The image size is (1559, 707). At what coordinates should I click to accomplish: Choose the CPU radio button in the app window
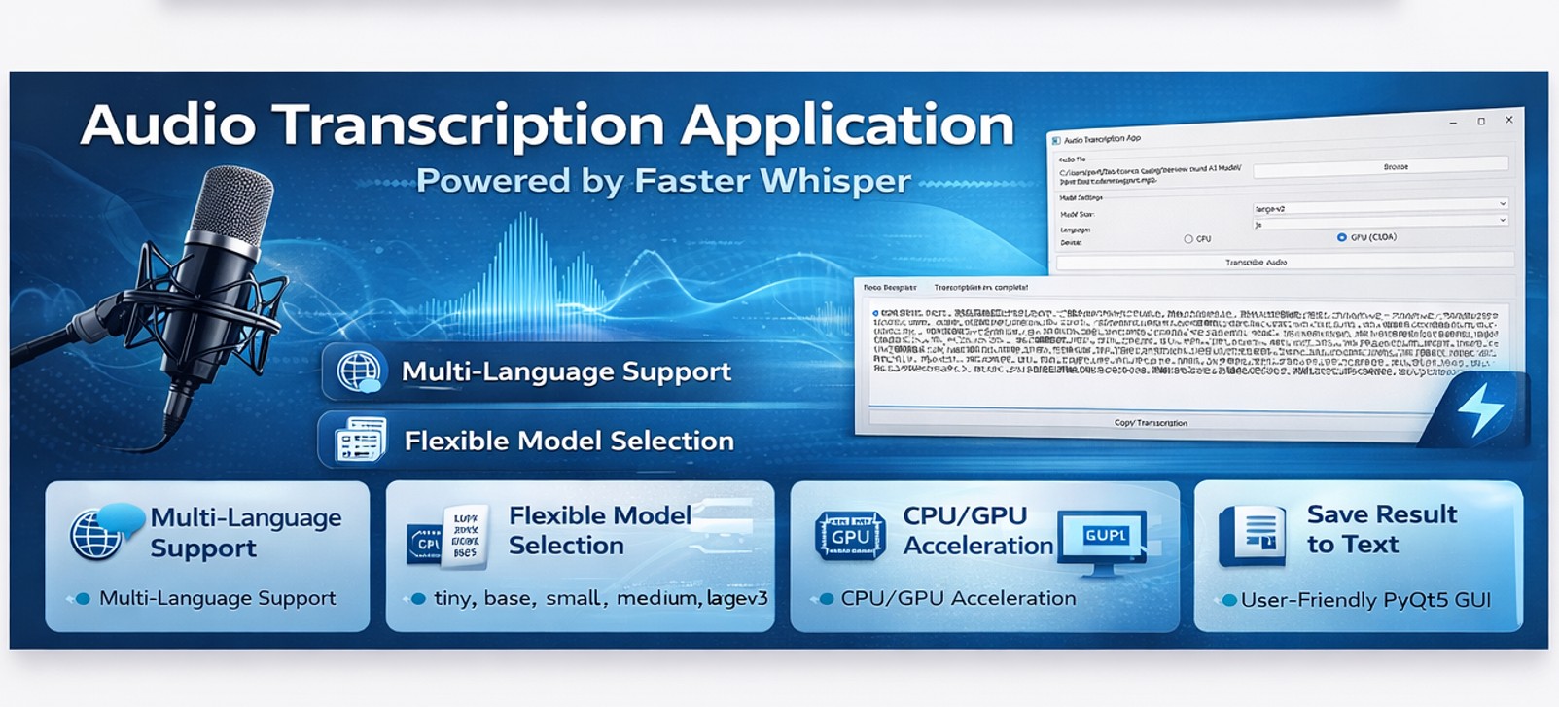[x=1188, y=239]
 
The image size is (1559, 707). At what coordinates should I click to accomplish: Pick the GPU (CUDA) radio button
[x=1342, y=237]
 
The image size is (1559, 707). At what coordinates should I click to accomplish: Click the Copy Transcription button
[x=1151, y=423]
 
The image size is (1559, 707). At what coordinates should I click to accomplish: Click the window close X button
[x=1508, y=120]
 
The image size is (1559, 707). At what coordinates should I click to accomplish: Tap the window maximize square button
[x=1481, y=122]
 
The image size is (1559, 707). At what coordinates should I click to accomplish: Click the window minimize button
[x=1453, y=123]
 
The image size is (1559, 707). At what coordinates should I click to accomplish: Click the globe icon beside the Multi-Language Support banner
[x=358, y=371]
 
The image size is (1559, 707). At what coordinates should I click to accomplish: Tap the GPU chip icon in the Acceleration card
[x=850, y=536]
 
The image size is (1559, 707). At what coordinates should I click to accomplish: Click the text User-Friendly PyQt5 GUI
[x=1365, y=600]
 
